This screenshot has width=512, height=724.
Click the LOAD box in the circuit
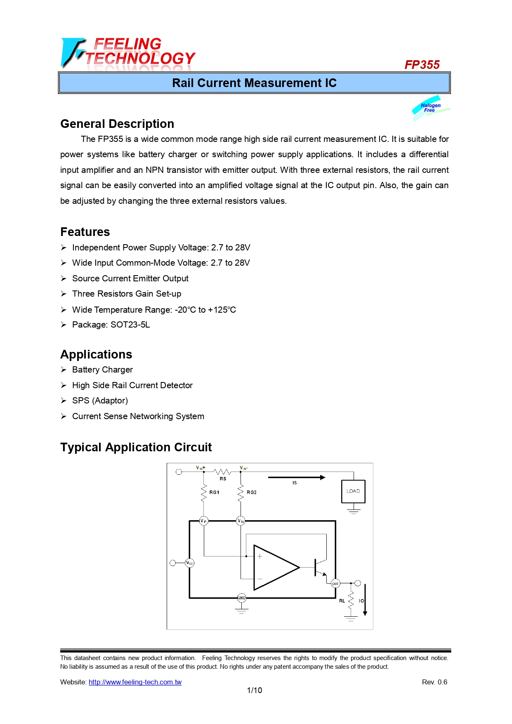353,491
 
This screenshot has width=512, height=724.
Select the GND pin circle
241,598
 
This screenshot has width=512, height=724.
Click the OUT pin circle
335,583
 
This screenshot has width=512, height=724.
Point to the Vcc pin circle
189,563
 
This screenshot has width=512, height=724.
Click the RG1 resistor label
214,492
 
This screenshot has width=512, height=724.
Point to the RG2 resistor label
252,492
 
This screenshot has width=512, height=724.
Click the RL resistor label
342,601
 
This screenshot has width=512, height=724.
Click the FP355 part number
422,65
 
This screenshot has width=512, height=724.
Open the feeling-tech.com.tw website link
135,682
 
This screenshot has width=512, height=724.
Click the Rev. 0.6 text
434,682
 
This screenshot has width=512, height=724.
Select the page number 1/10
254,690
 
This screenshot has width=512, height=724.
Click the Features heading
85,232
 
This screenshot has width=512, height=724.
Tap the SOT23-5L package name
130,325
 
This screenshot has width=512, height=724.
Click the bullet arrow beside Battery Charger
64,370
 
